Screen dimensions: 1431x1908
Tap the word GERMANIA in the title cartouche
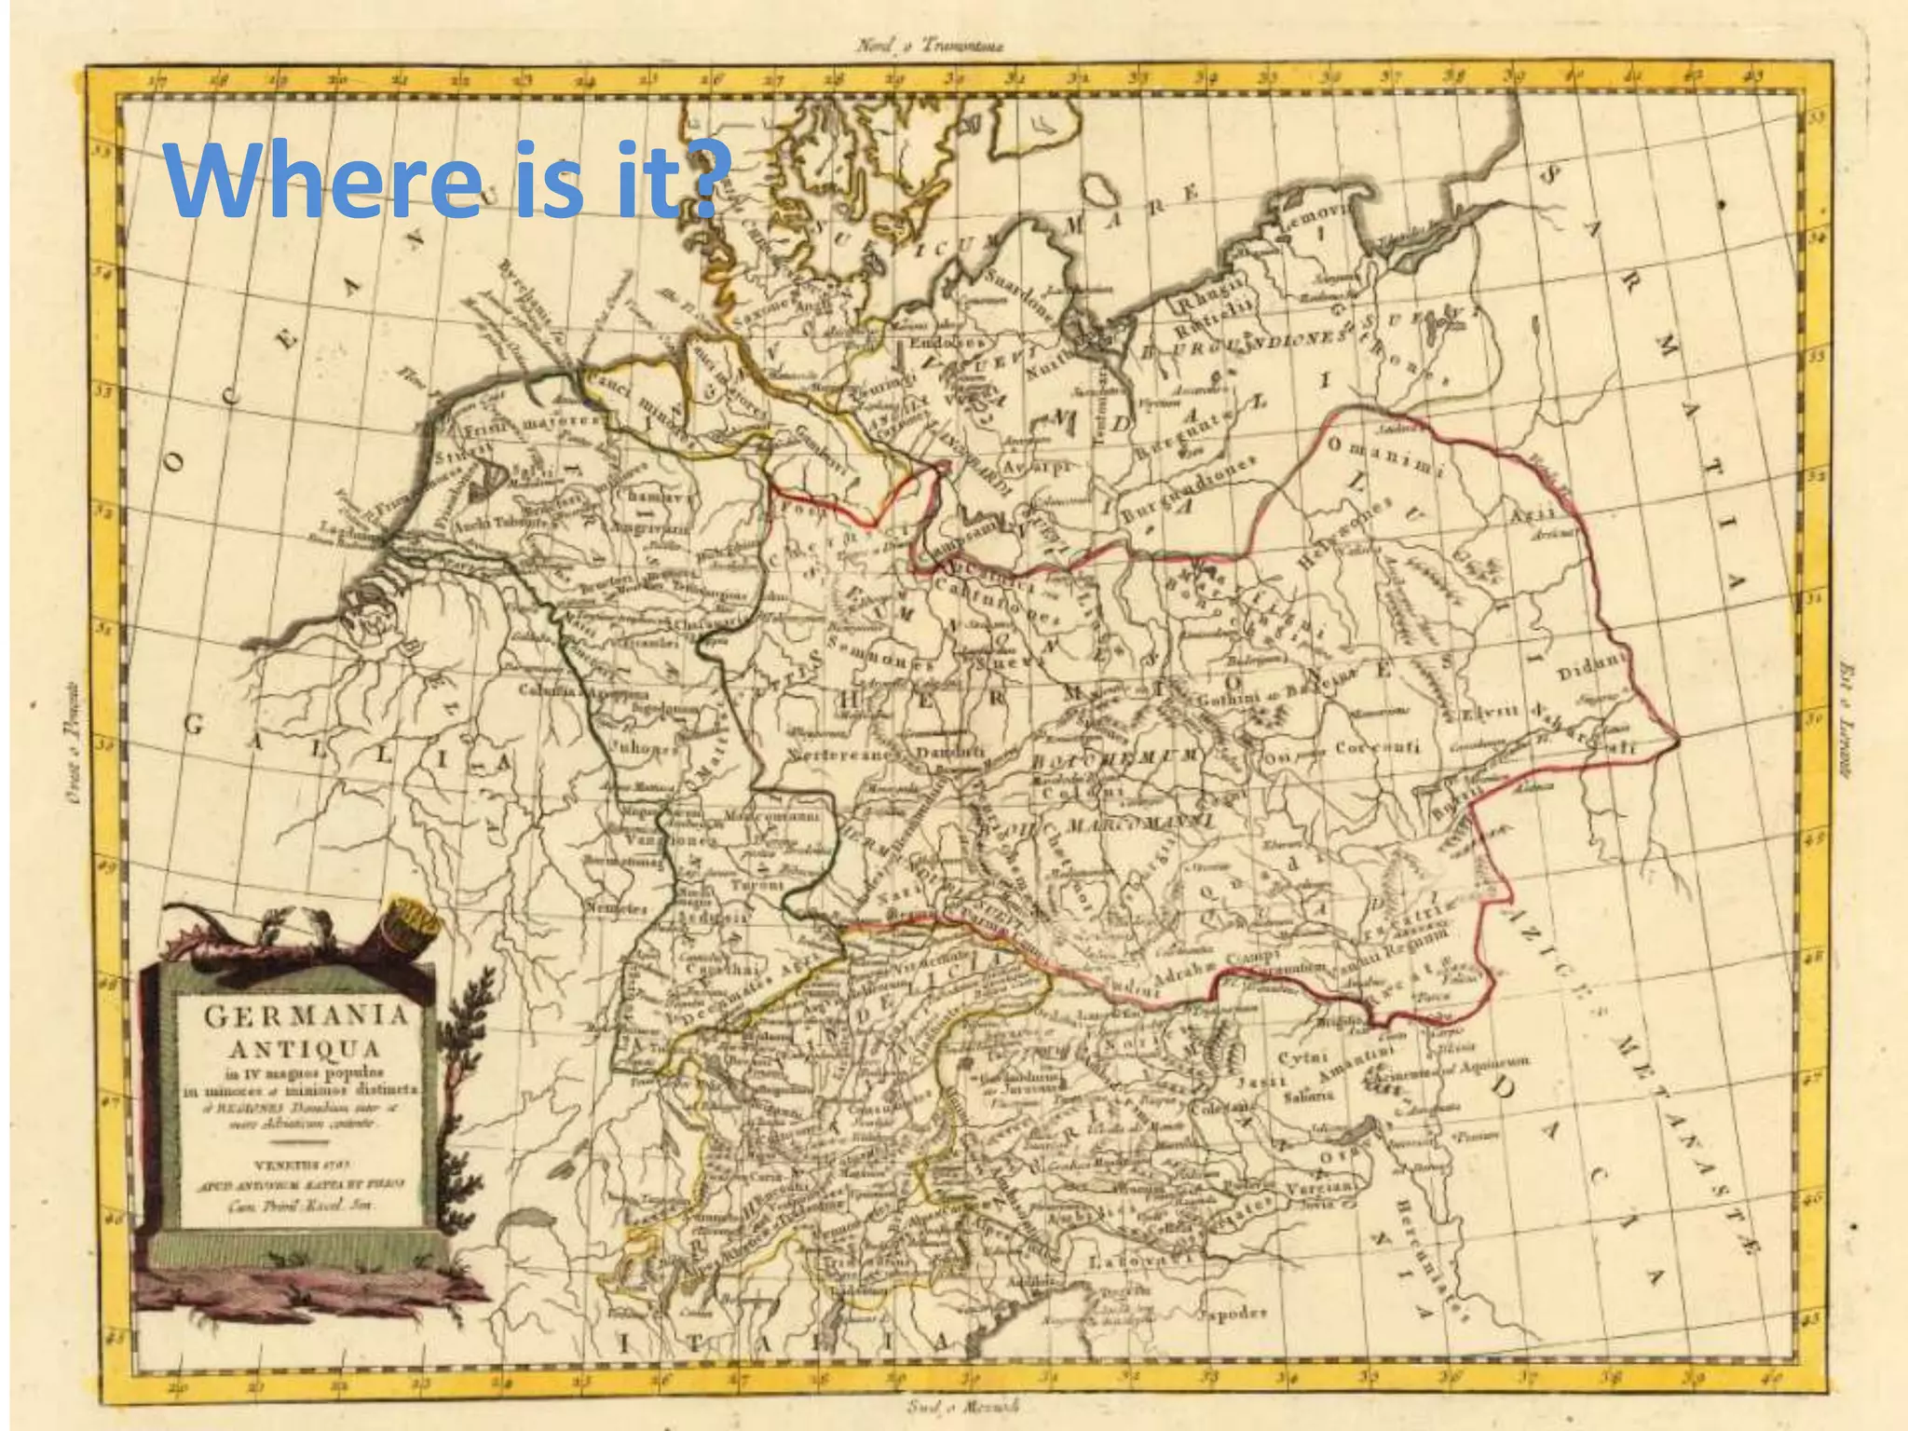point(306,1015)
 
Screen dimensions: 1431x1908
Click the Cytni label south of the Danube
point(1295,1059)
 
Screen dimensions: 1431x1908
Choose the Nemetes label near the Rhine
point(616,906)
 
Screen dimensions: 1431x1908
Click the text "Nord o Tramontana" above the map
point(927,46)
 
